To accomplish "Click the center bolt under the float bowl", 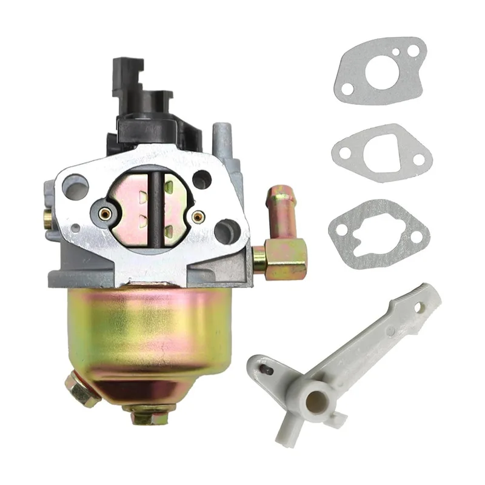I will [x=147, y=413].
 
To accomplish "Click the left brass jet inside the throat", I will [x=104, y=213].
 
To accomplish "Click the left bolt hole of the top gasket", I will [x=347, y=89].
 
